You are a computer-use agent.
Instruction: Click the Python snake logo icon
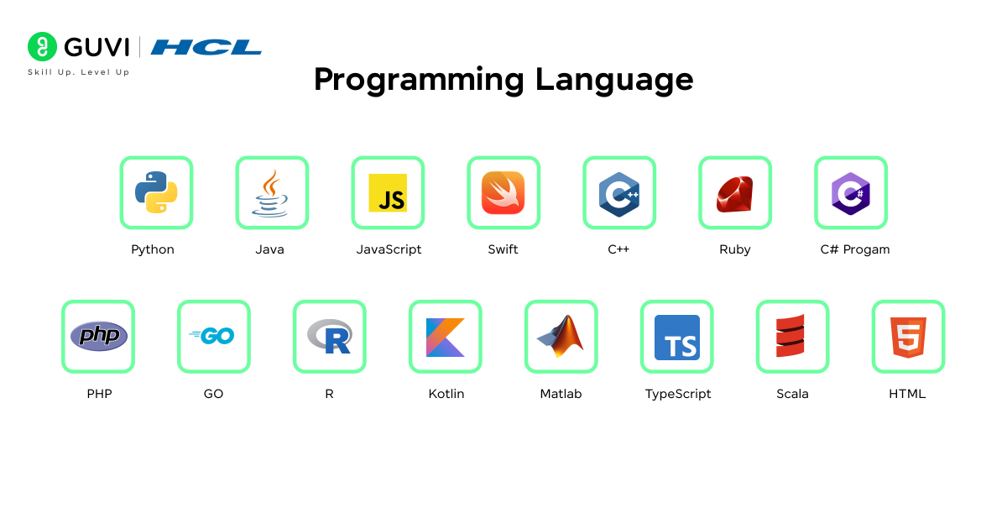[x=156, y=192]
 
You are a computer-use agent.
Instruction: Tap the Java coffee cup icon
[x=270, y=193]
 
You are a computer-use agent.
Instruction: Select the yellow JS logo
[x=388, y=192]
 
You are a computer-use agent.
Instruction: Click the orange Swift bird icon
[x=503, y=192]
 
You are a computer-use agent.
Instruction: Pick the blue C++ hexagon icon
[x=619, y=194]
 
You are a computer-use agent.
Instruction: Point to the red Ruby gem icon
[x=734, y=194]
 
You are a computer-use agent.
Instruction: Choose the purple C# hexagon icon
[x=851, y=194]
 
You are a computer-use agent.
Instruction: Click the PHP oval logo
[x=99, y=336]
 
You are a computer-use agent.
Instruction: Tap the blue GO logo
[x=211, y=336]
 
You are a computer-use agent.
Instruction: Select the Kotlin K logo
[x=445, y=338]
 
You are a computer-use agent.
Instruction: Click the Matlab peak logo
[x=561, y=336]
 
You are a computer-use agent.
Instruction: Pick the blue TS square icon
[x=677, y=338]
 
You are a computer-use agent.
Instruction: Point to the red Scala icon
[x=790, y=336]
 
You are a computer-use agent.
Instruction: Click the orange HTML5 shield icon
[x=908, y=338]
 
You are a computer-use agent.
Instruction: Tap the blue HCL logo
[x=206, y=47]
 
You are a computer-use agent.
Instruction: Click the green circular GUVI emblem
[x=42, y=46]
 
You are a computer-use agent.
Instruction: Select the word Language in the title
[x=614, y=80]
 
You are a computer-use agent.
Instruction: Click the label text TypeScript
[x=678, y=394]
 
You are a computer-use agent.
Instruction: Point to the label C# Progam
[x=854, y=249]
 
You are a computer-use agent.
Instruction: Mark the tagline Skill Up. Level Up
[x=79, y=72]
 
